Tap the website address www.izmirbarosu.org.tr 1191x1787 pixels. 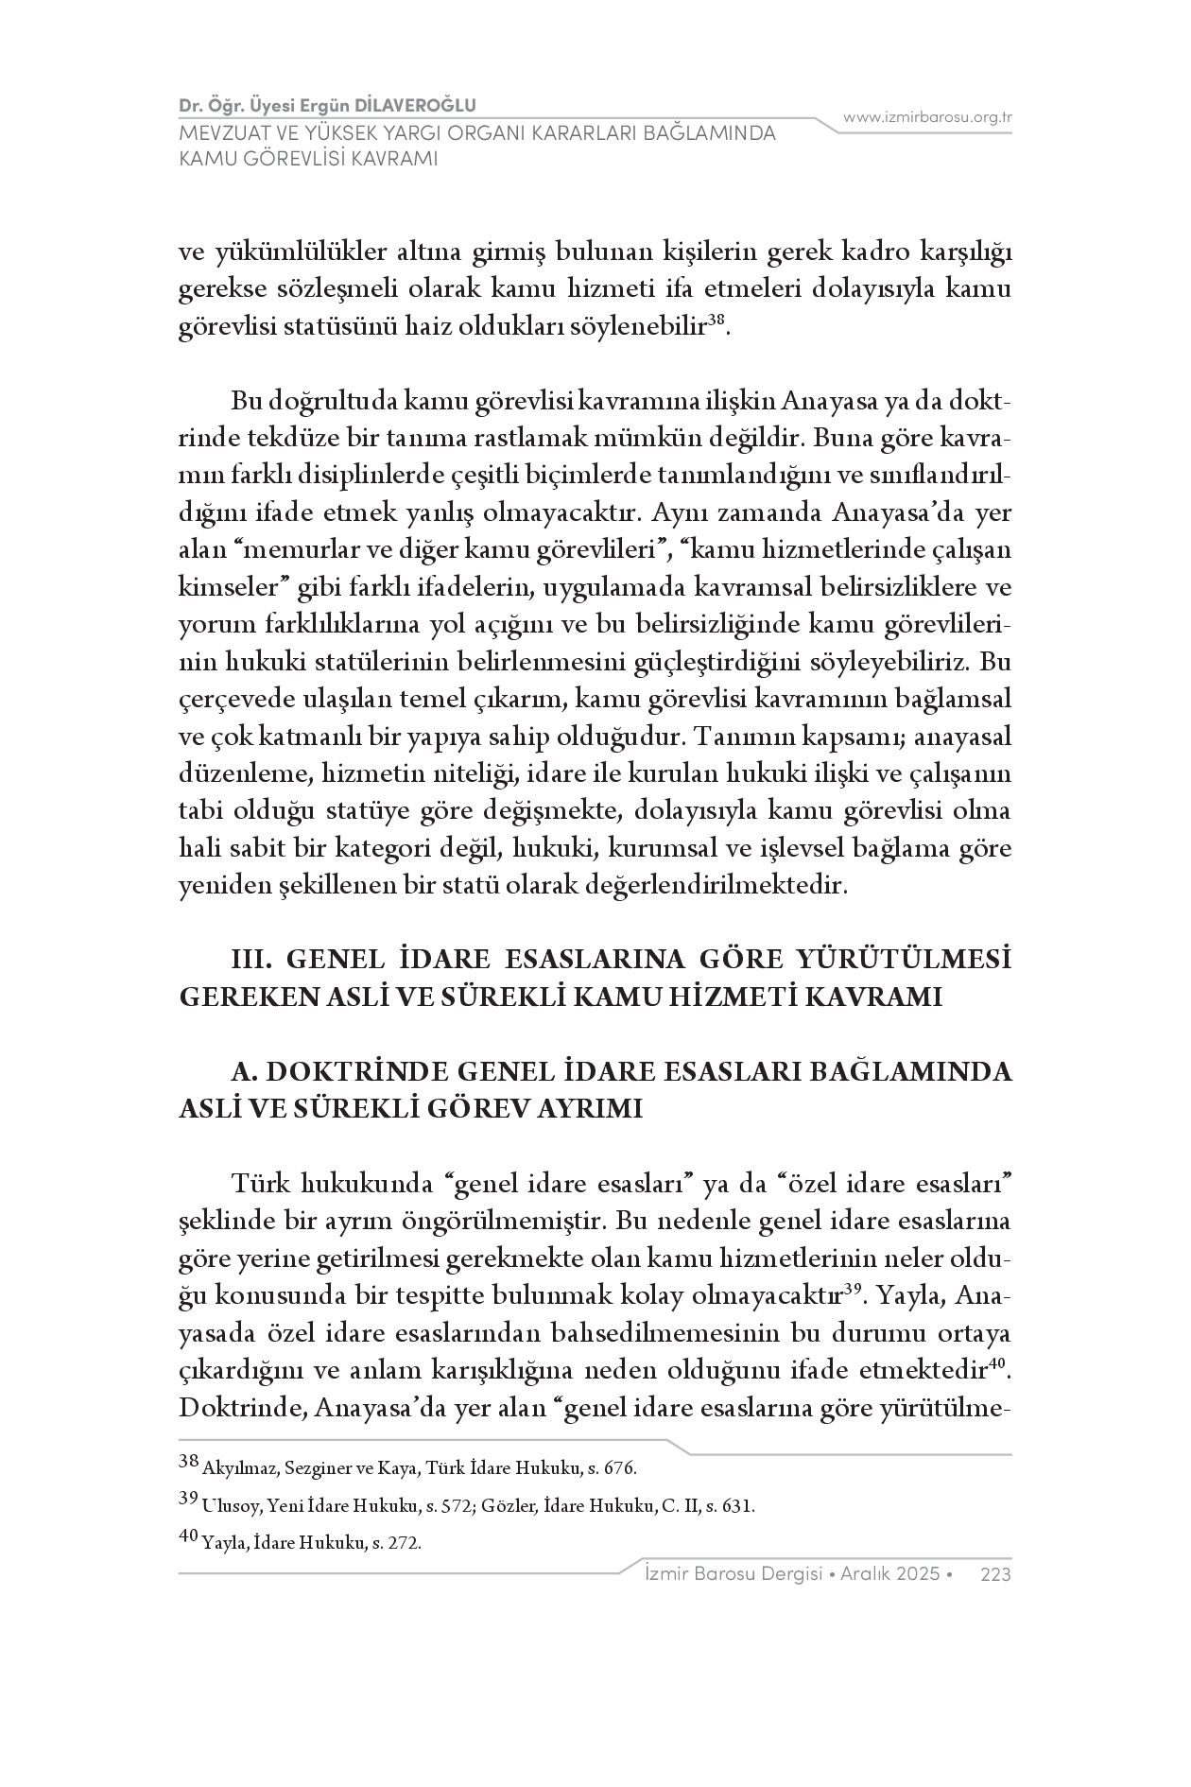click(927, 117)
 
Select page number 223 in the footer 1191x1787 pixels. click(996, 1574)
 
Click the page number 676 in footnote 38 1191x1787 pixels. click(620, 1469)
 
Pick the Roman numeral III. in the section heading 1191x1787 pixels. click(252, 960)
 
